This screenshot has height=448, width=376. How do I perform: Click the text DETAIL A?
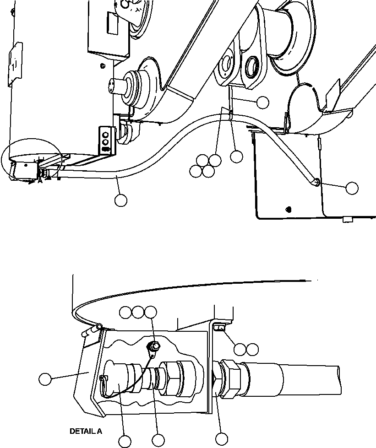coord(86,431)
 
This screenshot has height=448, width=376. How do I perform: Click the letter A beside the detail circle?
coord(40,181)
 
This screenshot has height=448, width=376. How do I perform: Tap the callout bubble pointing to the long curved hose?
coord(120,200)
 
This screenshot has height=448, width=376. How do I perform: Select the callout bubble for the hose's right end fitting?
coord(352,188)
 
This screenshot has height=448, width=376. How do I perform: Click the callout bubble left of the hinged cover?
coord(45,379)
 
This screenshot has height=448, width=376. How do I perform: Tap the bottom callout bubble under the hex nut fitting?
coord(222,439)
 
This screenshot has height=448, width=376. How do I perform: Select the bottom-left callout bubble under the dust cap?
coord(125,441)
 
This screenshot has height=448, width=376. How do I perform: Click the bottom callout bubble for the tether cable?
coord(158,441)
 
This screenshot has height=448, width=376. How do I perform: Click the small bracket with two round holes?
coord(105,139)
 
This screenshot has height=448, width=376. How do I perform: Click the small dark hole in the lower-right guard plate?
coord(288,210)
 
